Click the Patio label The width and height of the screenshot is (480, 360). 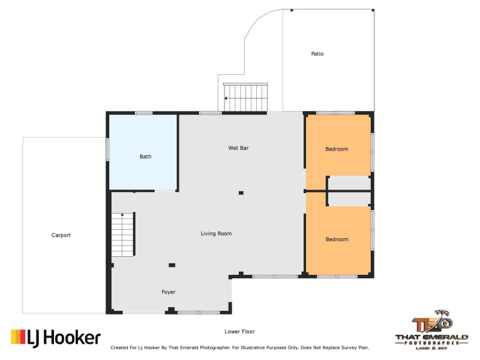coord(317,54)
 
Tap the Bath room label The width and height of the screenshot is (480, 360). coord(145,157)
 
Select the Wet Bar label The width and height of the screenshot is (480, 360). coord(238,148)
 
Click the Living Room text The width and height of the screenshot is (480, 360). coord(216,233)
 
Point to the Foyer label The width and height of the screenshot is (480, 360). coord(169,292)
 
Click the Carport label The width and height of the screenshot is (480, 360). coord(61,235)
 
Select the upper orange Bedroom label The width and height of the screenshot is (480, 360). coord(337,149)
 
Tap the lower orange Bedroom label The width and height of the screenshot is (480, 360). coord(337,239)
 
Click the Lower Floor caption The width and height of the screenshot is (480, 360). coord(240,331)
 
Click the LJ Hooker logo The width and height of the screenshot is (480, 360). coord(56,338)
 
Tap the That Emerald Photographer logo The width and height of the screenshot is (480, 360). coord(431,330)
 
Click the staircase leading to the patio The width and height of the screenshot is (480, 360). coord(245,98)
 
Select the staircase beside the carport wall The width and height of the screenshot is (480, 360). coord(122,234)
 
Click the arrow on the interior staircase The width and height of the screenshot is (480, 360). coord(122,215)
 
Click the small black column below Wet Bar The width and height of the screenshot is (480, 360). coord(241,193)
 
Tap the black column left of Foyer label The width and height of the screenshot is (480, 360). coord(172,265)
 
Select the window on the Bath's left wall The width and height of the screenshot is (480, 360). coord(108,149)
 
